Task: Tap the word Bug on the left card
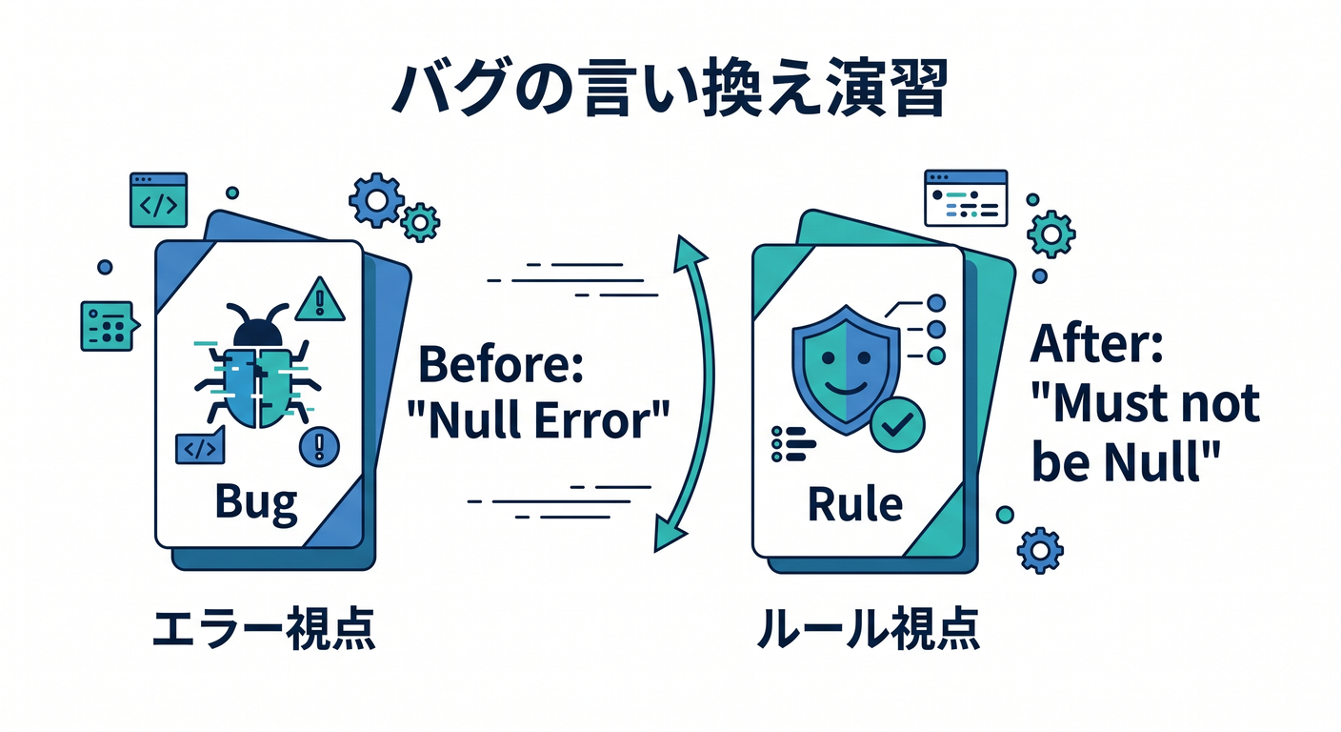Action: (256, 502)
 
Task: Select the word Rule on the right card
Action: (855, 504)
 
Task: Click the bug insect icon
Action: (258, 366)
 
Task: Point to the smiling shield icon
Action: (846, 369)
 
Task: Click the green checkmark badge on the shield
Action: (897, 424)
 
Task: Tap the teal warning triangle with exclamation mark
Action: (320, 298)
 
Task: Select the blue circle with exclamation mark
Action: (319, 447)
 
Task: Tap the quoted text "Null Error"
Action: (538, 420)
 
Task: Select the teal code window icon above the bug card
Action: (159, 200)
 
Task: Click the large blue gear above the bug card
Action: (376, 201)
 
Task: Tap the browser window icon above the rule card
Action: (966, 197)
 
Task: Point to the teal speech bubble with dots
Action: (110, 326)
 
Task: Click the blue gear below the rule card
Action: (1040, 551)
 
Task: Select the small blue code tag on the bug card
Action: (200, 446)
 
